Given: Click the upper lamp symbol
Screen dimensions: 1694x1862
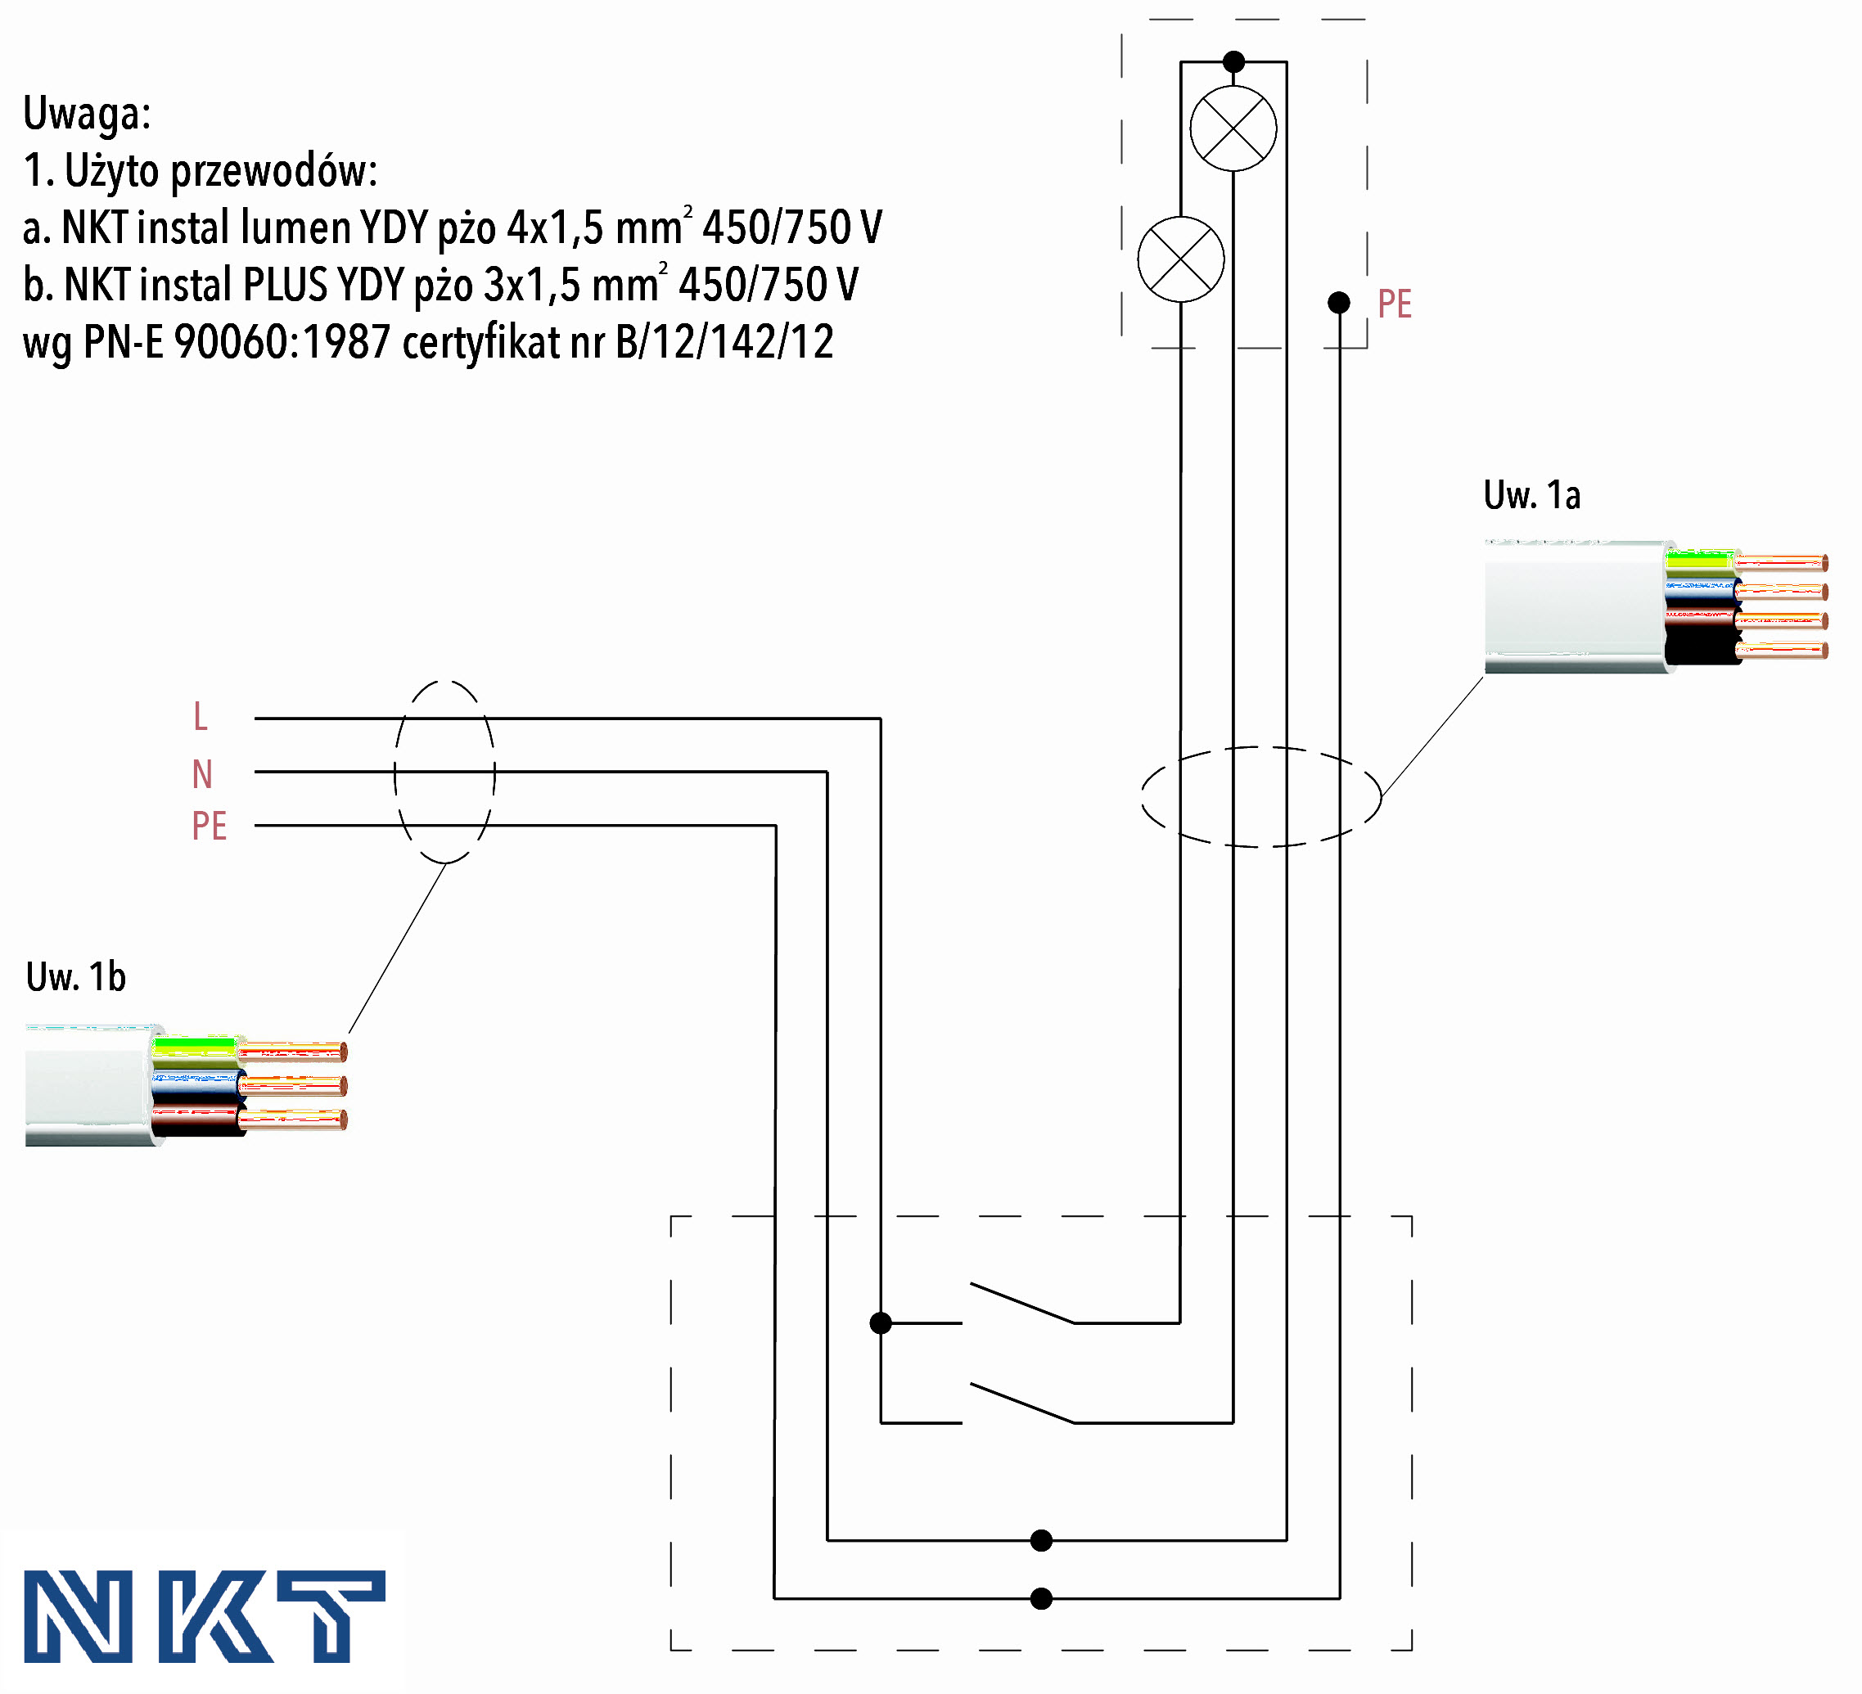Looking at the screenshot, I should [1233, 128].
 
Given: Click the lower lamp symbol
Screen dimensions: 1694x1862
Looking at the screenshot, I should [1180, 259].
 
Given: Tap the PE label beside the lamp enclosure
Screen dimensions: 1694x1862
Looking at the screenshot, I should [1394, 304].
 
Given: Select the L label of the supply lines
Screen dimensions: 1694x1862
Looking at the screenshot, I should [201, 717].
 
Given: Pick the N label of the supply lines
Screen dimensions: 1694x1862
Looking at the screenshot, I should [202, 774].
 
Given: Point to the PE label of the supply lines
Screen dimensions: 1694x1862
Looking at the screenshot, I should [209, 826].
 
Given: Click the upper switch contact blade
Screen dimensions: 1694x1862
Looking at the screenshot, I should [1021, 1302].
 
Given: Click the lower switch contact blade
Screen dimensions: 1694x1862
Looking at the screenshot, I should [1021, 1402].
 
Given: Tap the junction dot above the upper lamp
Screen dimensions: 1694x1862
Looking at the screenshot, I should [1233, 62].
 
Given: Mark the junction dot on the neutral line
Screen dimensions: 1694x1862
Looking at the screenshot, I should [1041, 1540].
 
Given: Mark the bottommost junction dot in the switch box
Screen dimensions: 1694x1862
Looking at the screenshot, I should [1041, 1598].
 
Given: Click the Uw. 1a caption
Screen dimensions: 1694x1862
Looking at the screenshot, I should [1531, 495].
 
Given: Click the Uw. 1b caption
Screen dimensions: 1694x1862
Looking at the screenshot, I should [76, 976].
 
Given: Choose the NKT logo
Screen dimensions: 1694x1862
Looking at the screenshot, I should [203, 1615].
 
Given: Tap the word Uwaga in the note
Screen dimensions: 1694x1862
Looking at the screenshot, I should [86, 114].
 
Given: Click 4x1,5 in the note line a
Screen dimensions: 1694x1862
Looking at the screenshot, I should [555, 228].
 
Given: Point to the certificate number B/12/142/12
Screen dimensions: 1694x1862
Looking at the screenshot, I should [724, 342].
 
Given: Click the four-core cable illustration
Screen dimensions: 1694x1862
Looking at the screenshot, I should [1653, 605].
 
